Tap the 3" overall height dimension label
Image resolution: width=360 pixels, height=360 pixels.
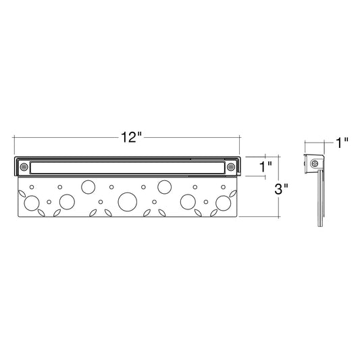tap(282, 189)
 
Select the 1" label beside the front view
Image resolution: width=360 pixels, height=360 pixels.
tap(266, 167)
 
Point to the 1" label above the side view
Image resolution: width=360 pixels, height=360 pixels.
tap(342, 143)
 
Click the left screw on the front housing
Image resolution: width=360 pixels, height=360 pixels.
tap(24, 167)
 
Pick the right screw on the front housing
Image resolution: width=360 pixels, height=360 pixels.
tap(231, 167)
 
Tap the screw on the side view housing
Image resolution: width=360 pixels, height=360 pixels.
tap(315, 163)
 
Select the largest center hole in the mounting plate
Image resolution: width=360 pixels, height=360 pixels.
tap(128, 202)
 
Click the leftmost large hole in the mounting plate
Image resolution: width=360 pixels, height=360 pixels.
tap(32, 203)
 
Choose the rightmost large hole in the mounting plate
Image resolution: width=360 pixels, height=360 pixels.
tap(224, 203)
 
